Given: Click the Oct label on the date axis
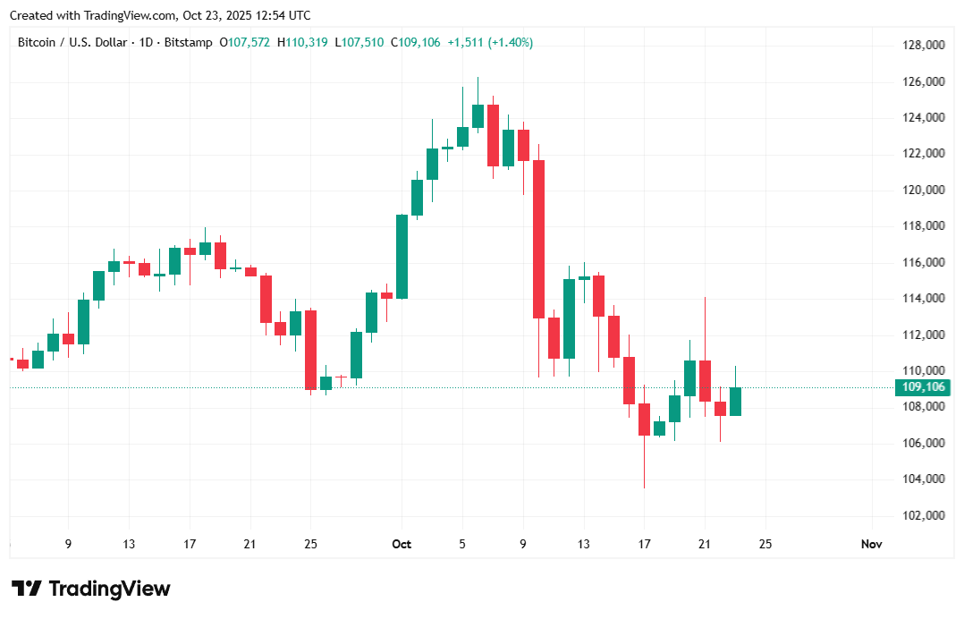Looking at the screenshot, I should tap(402, 544).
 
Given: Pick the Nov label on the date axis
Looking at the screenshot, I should tap(870, 544).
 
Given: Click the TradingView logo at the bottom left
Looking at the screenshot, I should tap(90, 589).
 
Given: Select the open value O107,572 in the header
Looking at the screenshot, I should tap(246, 42).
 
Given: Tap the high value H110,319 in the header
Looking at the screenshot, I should tap(302, 42).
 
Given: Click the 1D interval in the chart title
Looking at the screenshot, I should tap(147, 42).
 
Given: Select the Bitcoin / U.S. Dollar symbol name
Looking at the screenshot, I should tap(74, 42).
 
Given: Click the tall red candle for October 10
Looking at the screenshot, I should tap(538, 239).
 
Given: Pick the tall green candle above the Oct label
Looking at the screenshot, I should tap(402, 257).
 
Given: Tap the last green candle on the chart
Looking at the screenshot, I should tap(735, 402).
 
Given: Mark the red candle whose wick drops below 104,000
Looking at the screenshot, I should tap(644, 420).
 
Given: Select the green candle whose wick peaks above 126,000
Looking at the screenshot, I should tap(478, 115).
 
